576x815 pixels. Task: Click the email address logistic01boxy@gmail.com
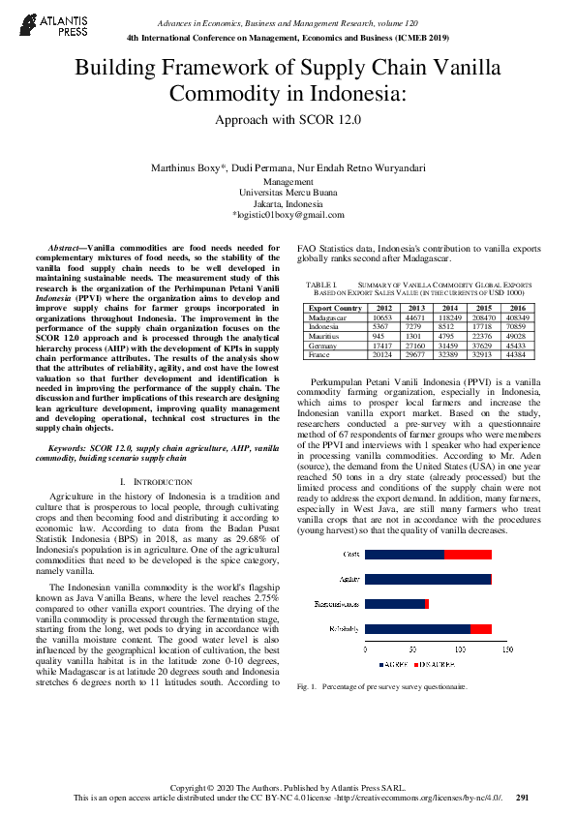pos(288,215)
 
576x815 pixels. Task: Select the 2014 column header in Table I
pos(449,308)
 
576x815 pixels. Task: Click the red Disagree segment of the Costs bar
pos(469,555)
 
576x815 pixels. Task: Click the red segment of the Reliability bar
pos(481,629)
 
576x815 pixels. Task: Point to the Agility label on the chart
pos(349,579)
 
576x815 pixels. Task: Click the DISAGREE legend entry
pos(436,666)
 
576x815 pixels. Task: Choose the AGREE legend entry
pos(393,666)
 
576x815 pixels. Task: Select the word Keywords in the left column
pos(69,448)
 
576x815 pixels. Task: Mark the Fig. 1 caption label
pos(307,686)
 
